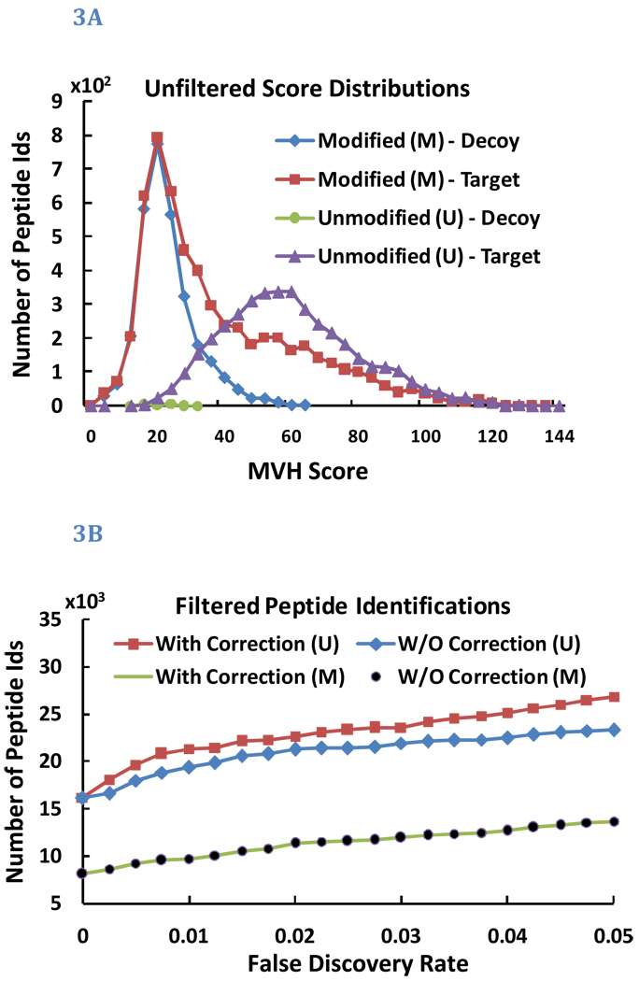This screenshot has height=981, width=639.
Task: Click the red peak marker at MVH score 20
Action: pyautogui.click(x=157, y=138)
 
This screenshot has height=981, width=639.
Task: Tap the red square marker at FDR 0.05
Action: pyautogui.click(x=614, y=696)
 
